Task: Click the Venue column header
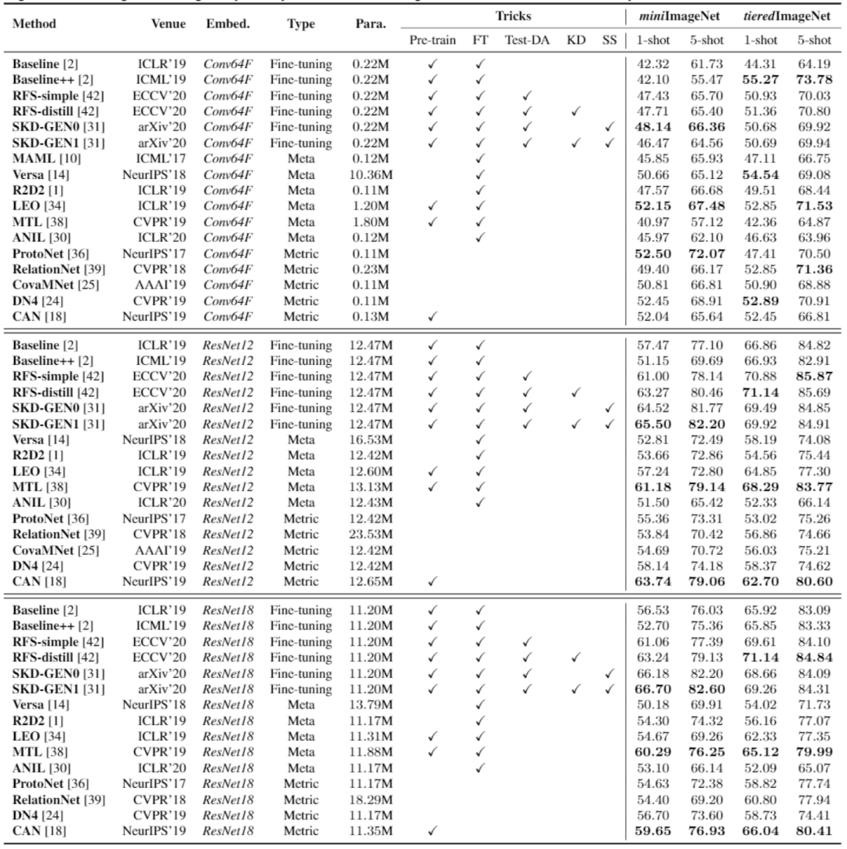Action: (169, 24)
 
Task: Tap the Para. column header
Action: (370, 24)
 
